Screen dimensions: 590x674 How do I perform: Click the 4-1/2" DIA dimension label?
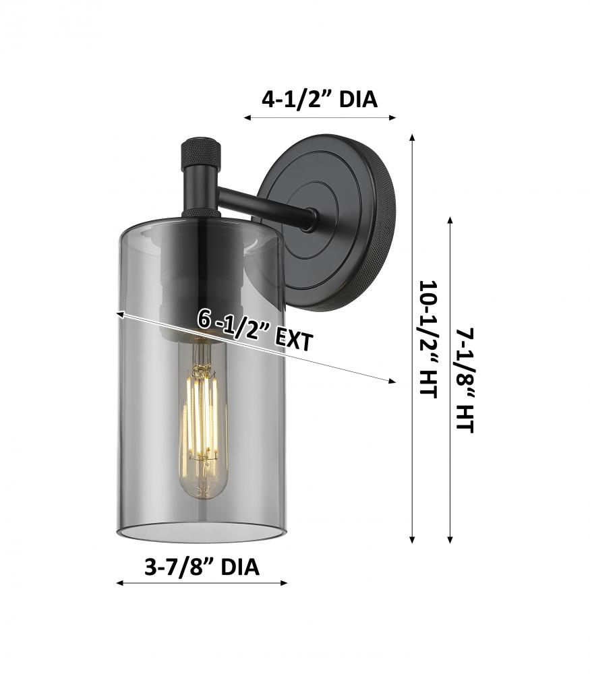point(320,100)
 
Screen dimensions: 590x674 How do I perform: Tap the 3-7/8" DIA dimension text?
point(202,567)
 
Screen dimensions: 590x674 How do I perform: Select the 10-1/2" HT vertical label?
point(428,340)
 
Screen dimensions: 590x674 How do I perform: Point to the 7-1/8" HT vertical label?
point(465,380)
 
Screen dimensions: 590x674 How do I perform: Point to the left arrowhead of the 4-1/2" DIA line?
point(247,117)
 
